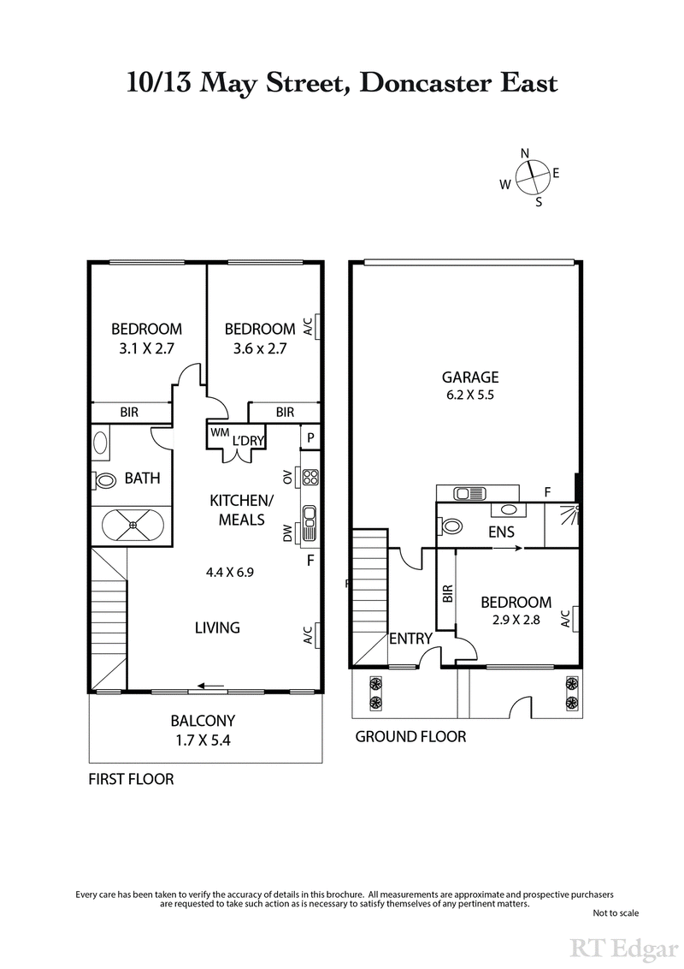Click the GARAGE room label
click(469, 377)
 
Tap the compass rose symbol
click(531, 177)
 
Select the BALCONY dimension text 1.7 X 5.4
click(203, 740)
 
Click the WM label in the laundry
click(220, 433)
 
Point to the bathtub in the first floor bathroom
click(132, 526)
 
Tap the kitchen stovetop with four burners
click(310, 478)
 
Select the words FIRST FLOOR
click(132, 779)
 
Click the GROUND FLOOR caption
click(410, 736)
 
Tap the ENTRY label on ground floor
click(410, 639)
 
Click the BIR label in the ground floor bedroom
click(447, 595)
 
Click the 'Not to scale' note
click(615, 913)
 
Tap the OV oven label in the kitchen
click(287, 476)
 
